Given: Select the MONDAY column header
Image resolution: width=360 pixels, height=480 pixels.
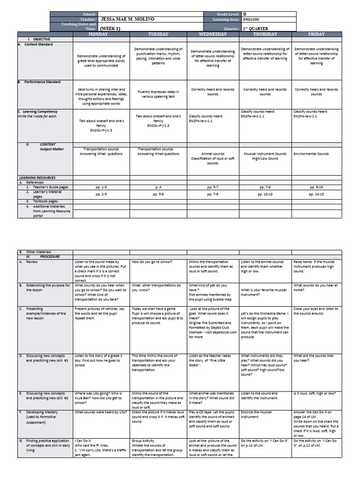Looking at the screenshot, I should pyautogui.click(x=101, y=34).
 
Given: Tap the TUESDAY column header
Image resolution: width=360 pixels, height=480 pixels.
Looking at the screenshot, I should pyautogui.click(x=158, y=34).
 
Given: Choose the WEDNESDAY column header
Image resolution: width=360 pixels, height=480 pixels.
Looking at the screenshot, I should pyautogui.click(x=213, y=34).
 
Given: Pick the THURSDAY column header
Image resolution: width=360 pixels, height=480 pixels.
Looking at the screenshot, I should pyautogui.click(x=265, y=34).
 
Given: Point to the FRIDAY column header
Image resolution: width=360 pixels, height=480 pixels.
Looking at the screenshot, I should pyautogui.click(x=316, y=34).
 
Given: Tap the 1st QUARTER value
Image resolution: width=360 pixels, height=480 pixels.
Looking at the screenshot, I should pyautogui.click(x=258, y=28).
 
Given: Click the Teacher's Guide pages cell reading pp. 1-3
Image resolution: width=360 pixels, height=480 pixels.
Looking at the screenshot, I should pyautogui.click(x=101, y=187).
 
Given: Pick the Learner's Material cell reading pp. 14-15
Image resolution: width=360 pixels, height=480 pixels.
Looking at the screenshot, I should pyautogui.click(x=316, y=194).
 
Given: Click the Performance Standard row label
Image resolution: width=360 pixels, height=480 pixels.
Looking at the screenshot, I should pyautogui.click(x=40, y=82).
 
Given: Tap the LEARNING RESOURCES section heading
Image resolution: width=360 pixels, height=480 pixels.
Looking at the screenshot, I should pyautogui.click(x=37, y=178).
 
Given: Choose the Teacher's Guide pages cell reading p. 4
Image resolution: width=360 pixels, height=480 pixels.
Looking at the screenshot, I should pyautogui.click(x=158, y=187).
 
